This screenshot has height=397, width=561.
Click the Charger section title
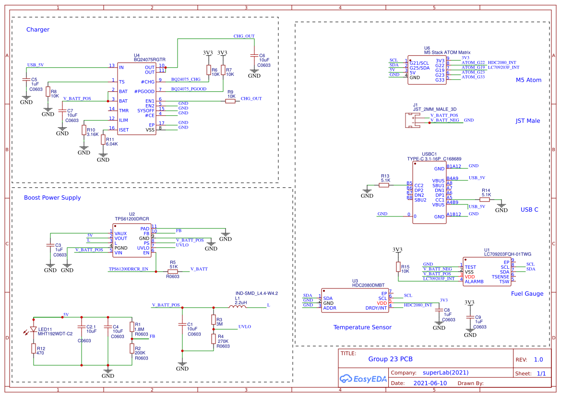tap(38, 30)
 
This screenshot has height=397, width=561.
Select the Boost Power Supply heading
tap(52, 198)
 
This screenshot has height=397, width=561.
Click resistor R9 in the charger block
tap(231, 101)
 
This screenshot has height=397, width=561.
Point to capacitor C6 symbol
tap(254, 56)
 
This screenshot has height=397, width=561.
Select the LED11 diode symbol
tap(34, 329)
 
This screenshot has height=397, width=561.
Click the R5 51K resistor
tap(173, 271)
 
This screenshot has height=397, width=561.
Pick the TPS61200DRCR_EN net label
tap(128, 269)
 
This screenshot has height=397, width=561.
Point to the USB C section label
tap(529, 210)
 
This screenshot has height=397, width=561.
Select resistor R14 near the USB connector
tap(485, 200)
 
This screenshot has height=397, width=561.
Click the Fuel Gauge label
tap(527, 294)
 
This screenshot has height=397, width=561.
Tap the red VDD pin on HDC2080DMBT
tap(382, 303)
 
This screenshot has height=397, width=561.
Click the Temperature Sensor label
tap(362, 327)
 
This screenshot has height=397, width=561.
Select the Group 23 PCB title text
tap(390, 359)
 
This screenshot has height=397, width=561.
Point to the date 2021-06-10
tap(430, 384)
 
